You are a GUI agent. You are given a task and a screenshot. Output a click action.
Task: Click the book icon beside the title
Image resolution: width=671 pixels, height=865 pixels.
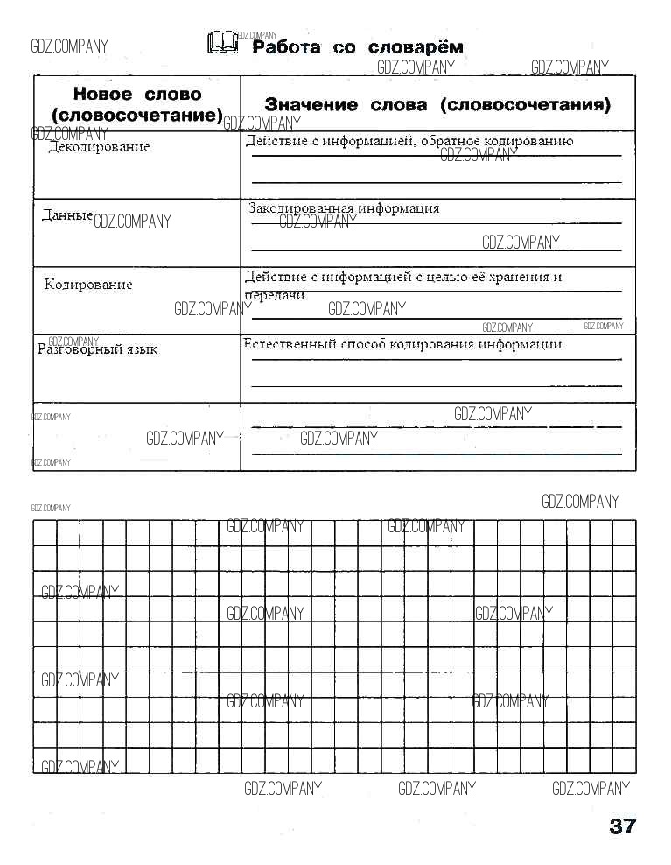pos(222,42)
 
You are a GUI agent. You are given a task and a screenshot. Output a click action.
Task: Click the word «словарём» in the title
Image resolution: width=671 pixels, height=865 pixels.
pos(416,47)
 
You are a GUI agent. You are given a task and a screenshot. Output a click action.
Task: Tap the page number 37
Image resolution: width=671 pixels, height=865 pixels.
pos(622,826)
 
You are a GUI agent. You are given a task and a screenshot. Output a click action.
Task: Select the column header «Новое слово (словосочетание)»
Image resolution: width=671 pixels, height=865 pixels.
pos(137,104)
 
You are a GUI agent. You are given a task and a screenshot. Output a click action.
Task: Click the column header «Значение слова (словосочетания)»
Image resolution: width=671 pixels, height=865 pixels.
pos(437,105)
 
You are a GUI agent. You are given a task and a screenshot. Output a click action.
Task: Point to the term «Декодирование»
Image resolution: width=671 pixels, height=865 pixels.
pos(98,147)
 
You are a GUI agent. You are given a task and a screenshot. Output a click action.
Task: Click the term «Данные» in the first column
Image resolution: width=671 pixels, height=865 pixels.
pos(67,215)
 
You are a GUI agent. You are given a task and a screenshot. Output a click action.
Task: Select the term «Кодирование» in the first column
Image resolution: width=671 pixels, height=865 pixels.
pos(88,285)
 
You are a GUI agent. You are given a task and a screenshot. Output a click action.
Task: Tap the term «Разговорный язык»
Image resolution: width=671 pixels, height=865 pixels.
pos(98,349)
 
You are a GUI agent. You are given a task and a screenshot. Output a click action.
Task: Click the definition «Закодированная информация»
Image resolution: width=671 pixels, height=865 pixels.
pos(344,209)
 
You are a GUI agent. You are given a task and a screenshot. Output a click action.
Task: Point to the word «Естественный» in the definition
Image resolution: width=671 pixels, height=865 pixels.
pos(288,344)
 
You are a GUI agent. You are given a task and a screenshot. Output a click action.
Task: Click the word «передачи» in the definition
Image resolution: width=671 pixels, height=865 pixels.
pos(275,295)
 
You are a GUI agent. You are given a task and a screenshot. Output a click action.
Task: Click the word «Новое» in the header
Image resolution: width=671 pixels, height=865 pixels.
pos(102,95)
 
